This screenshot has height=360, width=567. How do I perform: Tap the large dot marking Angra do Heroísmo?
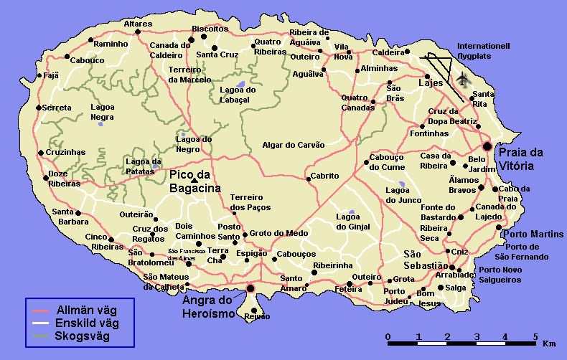[250, 288]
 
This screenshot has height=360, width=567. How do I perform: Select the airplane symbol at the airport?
[464, 78]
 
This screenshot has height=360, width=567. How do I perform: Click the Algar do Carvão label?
[294, 144]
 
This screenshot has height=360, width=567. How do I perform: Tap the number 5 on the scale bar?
[535, 336]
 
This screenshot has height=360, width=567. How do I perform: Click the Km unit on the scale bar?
[550, 344]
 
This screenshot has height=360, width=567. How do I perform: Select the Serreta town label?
[57, 108]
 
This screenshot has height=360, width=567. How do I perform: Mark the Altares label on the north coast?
[138, 24]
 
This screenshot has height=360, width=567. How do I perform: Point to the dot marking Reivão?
[254, 310]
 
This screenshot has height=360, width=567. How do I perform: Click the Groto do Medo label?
[279, 233]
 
